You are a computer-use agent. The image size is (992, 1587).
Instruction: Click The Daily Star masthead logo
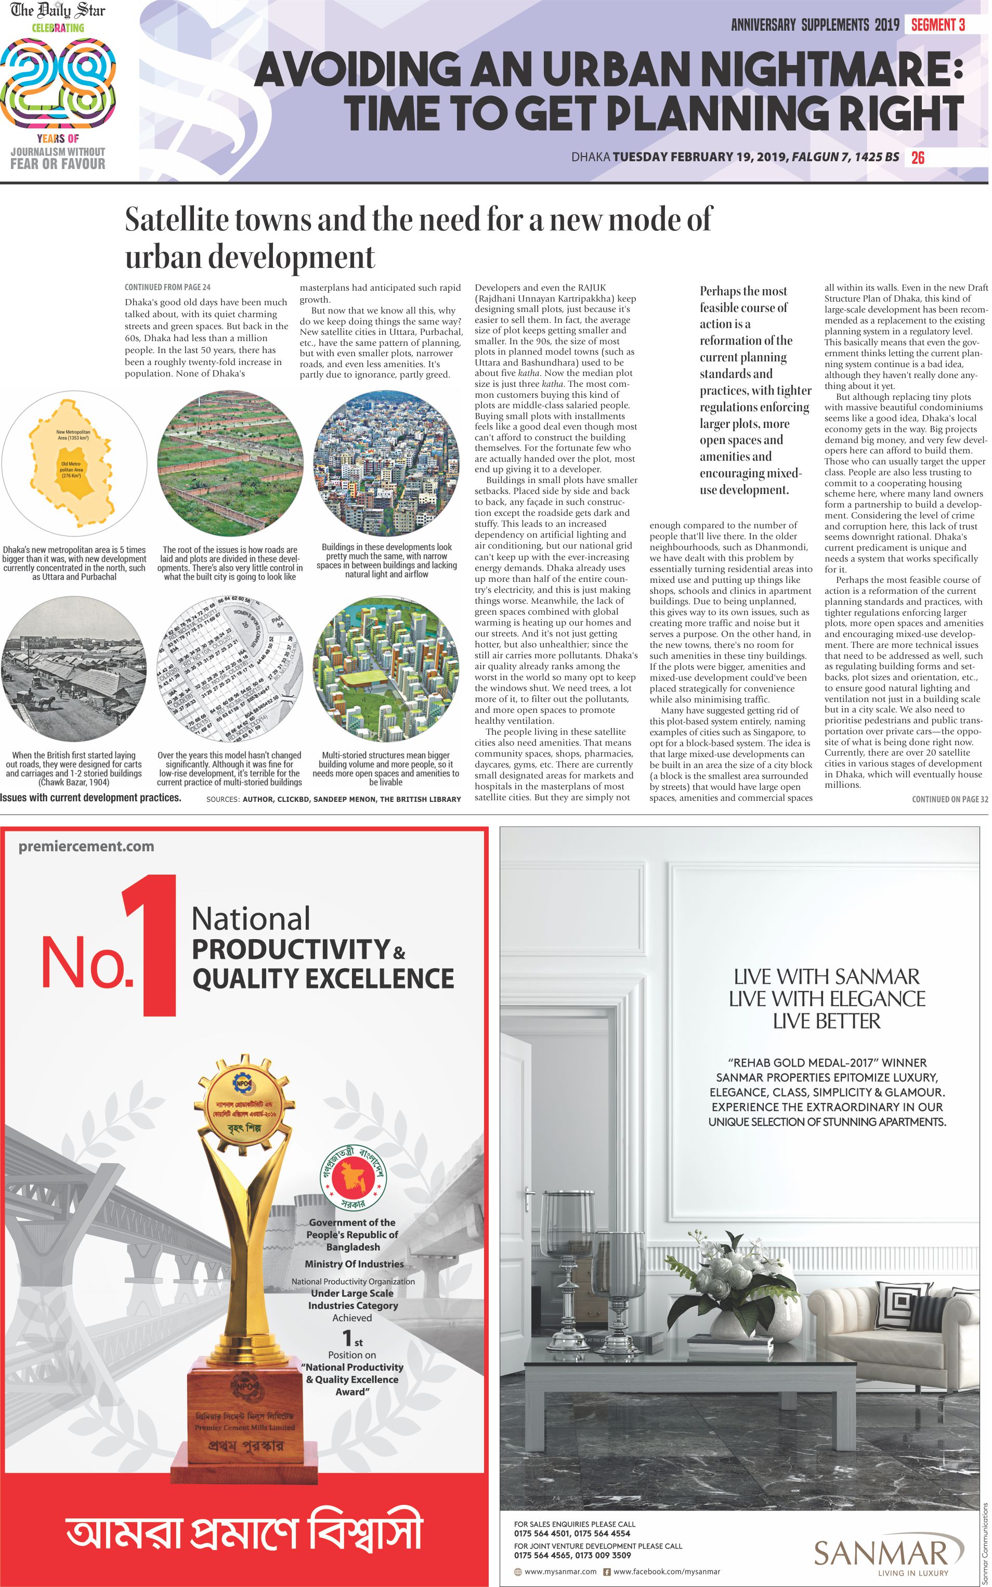pyautogui.click(x=58, y=10)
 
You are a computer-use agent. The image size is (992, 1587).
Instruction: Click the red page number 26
pyautogui.click(x=917, y=158)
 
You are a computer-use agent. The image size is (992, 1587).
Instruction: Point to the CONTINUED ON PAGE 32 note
pyautogui.click(x=949, y=799)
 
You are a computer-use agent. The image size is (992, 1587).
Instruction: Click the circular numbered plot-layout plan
pyautogui.click(x=230, y=669)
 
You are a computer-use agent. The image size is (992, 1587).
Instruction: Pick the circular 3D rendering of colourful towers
pyautogui.click(x=386, y=669)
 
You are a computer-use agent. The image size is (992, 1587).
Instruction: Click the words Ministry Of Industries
pyautogui.click(x=354, y=1264)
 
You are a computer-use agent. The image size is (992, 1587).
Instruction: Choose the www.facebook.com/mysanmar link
pyautogui.click(x=666, y=1571)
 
